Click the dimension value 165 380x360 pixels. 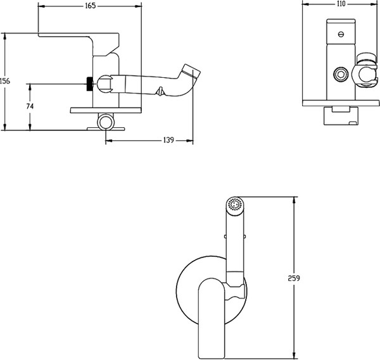tap(91, 6)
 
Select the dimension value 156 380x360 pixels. tap(5, 81)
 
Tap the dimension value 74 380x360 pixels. tap(30, 106)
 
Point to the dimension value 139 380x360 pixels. tap(168, 140)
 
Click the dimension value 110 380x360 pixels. tap(341, 4)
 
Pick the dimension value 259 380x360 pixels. tap(294, 278)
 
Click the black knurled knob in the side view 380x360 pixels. tap(90, 84)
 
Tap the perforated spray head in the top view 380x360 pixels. tap(235, 205)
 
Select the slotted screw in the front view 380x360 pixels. tap(341, 34)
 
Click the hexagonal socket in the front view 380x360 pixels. tap(341, 74)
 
